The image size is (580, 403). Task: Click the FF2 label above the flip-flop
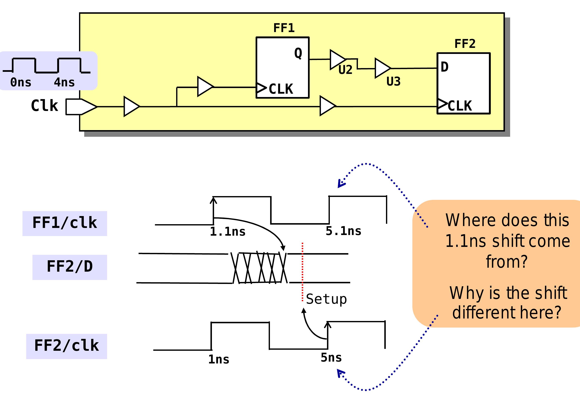coord(465,44)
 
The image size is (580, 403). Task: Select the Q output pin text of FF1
coord(298,53)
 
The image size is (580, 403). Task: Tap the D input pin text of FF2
coord(445,67)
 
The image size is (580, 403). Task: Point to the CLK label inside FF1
coord(281,89)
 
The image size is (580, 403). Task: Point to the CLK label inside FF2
coord(460,106)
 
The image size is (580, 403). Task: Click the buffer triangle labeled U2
coord(337,60)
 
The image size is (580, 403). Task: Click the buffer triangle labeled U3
coord(382,68)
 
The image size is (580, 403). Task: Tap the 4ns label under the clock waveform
coord(64,82)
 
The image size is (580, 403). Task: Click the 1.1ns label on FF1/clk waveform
coord(228,231)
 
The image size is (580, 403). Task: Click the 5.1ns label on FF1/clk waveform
coord(343,231)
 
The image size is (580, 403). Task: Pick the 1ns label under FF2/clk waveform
coord(219,359)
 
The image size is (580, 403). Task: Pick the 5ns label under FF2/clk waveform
coord(331,358)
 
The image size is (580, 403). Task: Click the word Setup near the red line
coord(326,299)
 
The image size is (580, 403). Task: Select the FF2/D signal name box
coord(70,267)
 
